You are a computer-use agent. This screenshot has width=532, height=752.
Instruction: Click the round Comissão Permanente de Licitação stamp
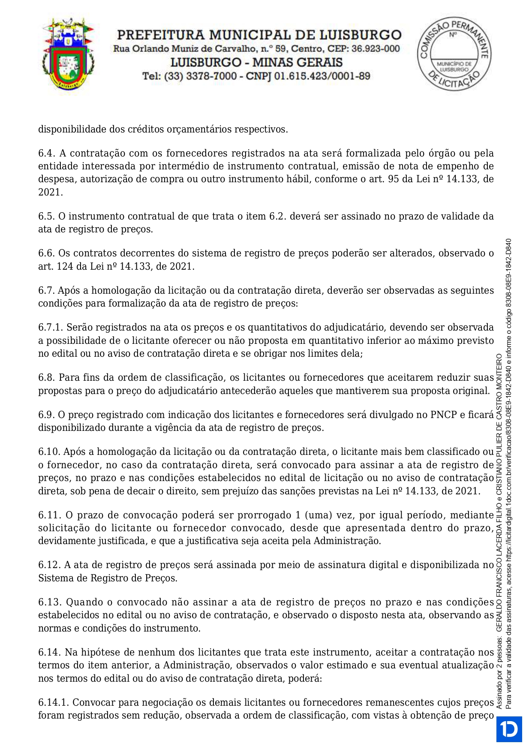pos(454,53)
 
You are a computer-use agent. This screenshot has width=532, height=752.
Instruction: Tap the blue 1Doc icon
pos(509,729)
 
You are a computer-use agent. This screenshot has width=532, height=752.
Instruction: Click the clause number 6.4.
pos(47,153)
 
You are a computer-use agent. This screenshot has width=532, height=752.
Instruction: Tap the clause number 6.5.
pos(47,216)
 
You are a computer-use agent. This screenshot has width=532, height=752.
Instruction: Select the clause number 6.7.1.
pos(51,328)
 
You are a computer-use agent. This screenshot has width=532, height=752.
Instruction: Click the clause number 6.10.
pos(49,452)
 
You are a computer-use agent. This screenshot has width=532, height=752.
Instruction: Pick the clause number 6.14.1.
pos(54,703)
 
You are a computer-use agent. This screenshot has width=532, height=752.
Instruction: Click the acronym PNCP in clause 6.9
pos(443,415)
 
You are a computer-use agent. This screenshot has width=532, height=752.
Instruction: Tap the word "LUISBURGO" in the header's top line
pos(361,35)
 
